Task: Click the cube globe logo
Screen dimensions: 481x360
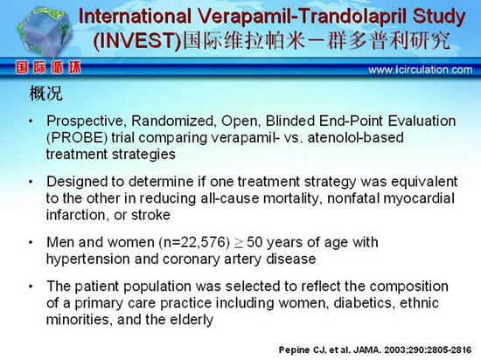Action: point(45,33)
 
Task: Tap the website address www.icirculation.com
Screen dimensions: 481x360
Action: point(421,70)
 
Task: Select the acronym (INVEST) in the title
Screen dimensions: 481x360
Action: point(137,41)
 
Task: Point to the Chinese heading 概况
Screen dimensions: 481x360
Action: point(45,93)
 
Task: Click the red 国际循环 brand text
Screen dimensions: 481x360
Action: point(48,67)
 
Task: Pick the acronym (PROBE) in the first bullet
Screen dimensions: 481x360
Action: point(77,137)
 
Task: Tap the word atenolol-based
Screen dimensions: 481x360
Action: point(355,137)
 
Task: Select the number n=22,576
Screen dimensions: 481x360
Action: point(194,242)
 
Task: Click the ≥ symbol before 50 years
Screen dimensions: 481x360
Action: point(239,243)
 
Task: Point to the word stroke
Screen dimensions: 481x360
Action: point(150,215)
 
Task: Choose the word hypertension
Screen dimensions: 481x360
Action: point(87,260)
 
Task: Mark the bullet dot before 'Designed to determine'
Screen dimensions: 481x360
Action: point(31,182)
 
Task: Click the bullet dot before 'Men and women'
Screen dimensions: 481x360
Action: point(31,242)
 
